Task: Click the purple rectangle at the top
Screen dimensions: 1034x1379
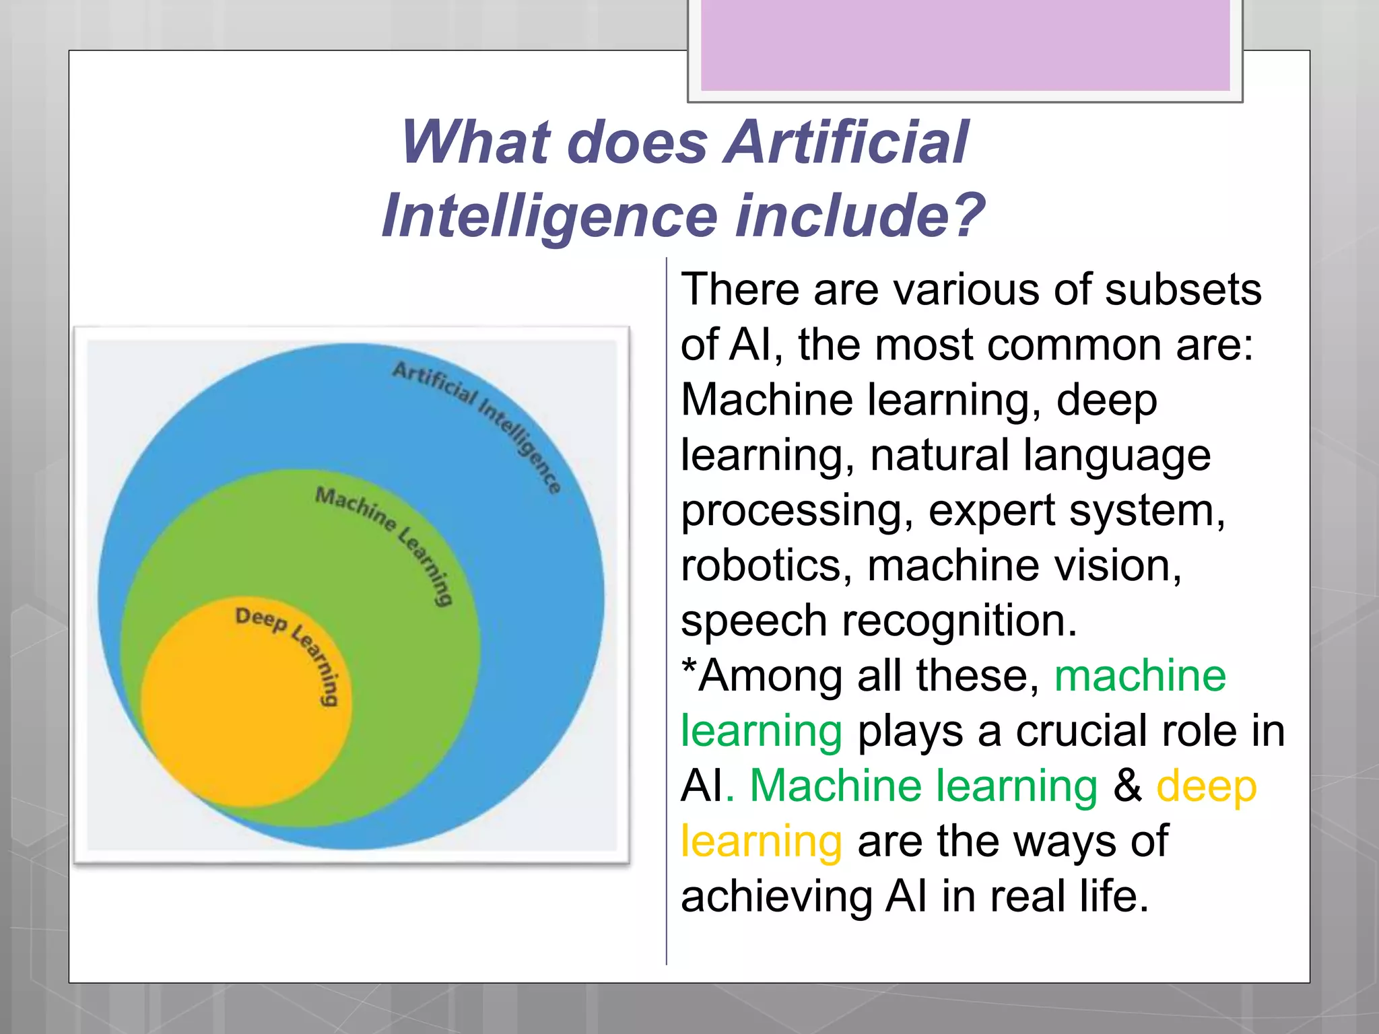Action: pyautogui.click(x=965, y=44)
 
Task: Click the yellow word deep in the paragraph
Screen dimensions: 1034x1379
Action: pyautogui.click(x=1205, y=786)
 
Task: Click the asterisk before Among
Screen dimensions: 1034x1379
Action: pyautogui.click(x=688, y=668)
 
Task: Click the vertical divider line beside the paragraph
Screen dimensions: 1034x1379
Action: pyautogui.click(x=667, y=606)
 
